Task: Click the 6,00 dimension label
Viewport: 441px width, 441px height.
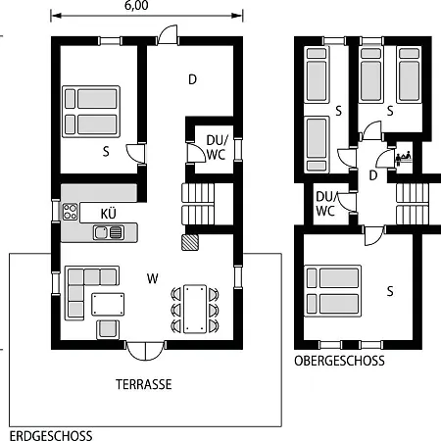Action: click(x=136, y=5)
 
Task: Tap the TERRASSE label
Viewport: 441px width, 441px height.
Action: click(x=144, y=384)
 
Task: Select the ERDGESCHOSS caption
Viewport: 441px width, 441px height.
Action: click(x=51, y=436)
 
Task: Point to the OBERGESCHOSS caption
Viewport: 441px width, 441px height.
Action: click(x=339, y=361)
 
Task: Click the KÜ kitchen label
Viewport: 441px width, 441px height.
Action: click(x=109, y=214)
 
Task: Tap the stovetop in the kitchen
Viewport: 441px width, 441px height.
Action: click(x=70, y=212)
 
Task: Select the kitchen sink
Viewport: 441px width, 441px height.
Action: click(x=109, y=232)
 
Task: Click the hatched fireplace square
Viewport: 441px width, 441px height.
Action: click(x=190, y=242)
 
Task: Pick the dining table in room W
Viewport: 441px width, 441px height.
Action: click(x=195, y=309)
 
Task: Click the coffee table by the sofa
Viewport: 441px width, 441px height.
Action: click(x=108, y=304)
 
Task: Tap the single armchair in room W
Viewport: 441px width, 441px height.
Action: click(x=108, y=329)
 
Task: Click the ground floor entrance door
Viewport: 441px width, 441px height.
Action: click(x=168, y=34)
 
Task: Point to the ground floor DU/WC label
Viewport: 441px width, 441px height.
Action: click(x=217, y=147)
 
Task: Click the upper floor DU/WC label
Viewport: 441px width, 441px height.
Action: click(x=325, y=204)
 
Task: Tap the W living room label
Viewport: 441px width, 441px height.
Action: click(x=153, y=278)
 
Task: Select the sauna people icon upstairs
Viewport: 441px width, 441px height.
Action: click(x=404, y=158)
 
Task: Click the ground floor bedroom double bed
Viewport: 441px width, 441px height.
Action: click(x=91, y=112)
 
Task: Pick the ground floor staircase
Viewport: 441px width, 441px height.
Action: click(x=198, y=204)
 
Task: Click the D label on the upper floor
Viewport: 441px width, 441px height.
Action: click(x=373, y=175)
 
